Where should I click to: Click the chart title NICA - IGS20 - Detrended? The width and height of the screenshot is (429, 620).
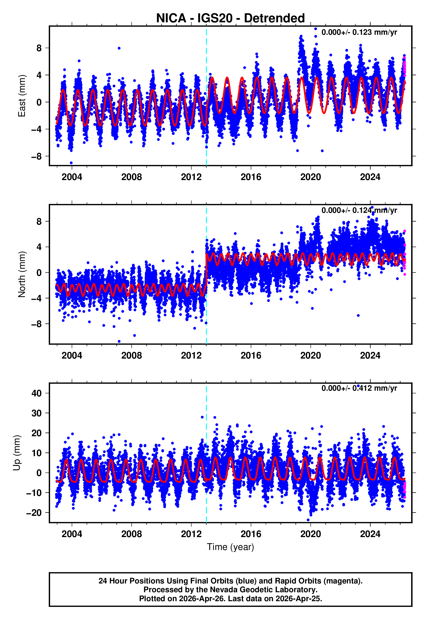(230, 18)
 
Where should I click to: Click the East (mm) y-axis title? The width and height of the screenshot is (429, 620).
(21, 96)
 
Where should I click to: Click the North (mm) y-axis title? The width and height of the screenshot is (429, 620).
(21, 274)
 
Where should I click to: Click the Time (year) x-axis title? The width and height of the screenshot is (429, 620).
(230, 547)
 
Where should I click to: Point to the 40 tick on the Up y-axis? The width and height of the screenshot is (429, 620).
(37, 393)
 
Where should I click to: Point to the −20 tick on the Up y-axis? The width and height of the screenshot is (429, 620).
(34, 513)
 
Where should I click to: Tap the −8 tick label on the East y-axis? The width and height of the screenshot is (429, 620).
(37, 156)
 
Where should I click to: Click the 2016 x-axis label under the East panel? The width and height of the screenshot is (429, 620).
(251, 177)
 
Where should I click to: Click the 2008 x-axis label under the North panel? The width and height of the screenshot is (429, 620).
(131, 356)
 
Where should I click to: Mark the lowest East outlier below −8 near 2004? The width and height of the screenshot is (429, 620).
(71, 163)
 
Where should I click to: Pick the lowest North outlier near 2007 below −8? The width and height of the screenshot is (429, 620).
(119, 342)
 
